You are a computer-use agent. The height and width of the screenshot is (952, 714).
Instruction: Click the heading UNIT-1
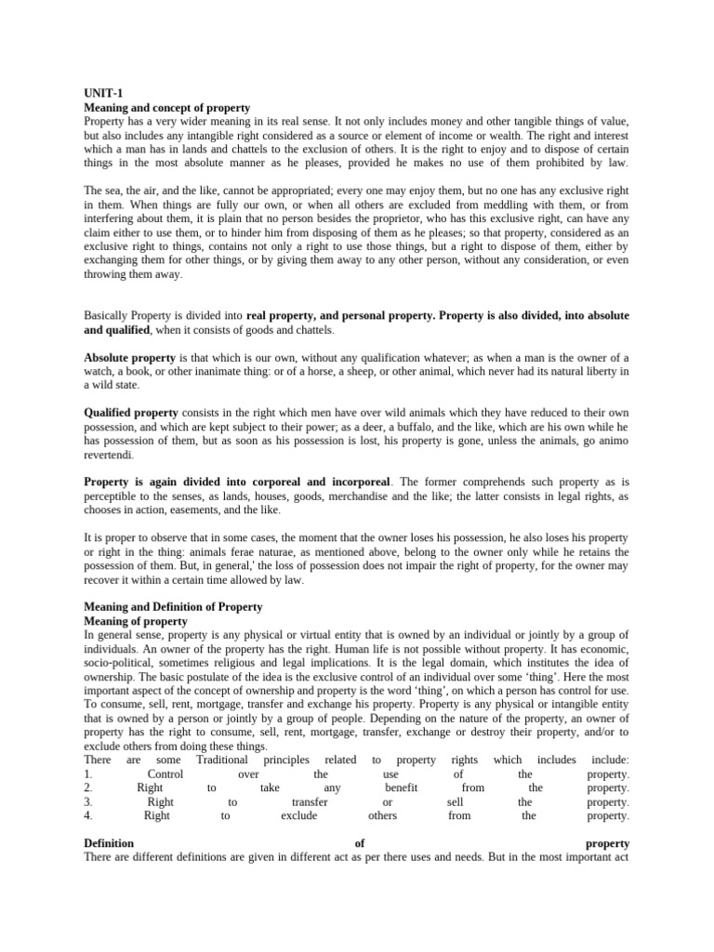100,95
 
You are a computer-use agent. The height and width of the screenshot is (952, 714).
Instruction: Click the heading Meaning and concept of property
166,109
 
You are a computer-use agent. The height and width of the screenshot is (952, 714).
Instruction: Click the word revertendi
109,456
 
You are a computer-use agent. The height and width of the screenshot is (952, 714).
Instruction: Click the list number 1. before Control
88,773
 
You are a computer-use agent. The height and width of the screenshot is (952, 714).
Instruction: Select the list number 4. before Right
88,815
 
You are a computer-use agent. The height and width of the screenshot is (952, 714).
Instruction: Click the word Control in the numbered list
165,773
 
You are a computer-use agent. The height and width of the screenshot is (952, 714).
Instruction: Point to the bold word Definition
109,843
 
